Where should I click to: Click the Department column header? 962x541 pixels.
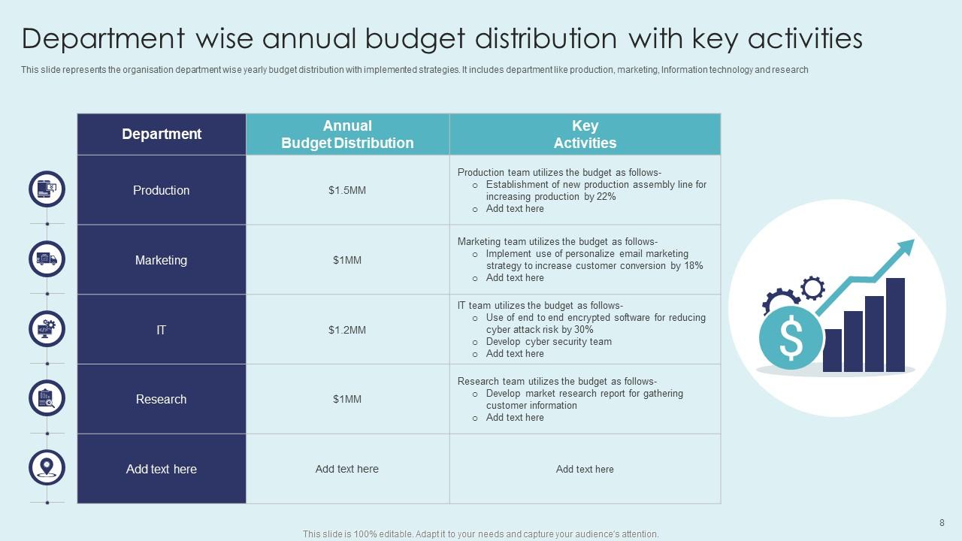click(162, 134)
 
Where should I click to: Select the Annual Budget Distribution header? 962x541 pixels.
click(347, 134)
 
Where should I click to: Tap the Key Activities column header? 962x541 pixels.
click(585, 134)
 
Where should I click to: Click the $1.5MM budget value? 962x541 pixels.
click(347, 190)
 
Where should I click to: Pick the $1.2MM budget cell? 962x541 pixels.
click(347, 330)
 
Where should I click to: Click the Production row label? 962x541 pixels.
click(161, 190)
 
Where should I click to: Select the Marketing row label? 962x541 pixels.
click(161, 260)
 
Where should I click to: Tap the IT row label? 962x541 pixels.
click(161, 330)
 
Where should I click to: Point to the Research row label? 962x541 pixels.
click(161, 399)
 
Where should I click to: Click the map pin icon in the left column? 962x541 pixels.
click(47, 467)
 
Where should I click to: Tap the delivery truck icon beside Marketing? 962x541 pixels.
click(47, 259)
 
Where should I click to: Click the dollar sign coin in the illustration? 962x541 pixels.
click(791, 338)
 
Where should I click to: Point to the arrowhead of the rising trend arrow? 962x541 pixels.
click(907, 246)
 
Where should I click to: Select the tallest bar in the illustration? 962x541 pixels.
click(895, 325)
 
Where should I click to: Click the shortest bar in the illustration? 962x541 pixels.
click(833, 350)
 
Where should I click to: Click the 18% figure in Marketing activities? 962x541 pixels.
click(694, 266)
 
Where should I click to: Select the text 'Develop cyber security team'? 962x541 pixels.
click(549, 342)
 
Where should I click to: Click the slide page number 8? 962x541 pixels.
click(942, 523)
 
